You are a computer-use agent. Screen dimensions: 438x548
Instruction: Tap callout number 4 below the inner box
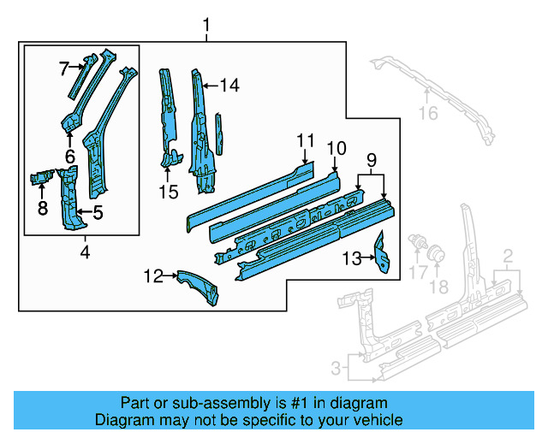tap(84, 252)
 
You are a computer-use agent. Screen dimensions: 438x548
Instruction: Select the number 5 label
tap(98, 212)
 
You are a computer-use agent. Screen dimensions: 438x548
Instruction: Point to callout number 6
tap(69, 157)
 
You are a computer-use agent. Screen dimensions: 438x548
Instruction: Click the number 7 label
tap(63, 67)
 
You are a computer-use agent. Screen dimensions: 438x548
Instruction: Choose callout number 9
tap(371, 160)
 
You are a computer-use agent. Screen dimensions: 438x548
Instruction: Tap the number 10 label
tap(335, 147)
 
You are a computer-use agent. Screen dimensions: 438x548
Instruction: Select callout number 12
tap(153, 275)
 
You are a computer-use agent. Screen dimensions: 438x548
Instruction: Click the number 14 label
tap(229, 85)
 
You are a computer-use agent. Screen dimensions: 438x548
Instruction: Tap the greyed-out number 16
tap(427, 113)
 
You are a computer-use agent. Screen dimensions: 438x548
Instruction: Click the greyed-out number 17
tap(417, 273)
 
